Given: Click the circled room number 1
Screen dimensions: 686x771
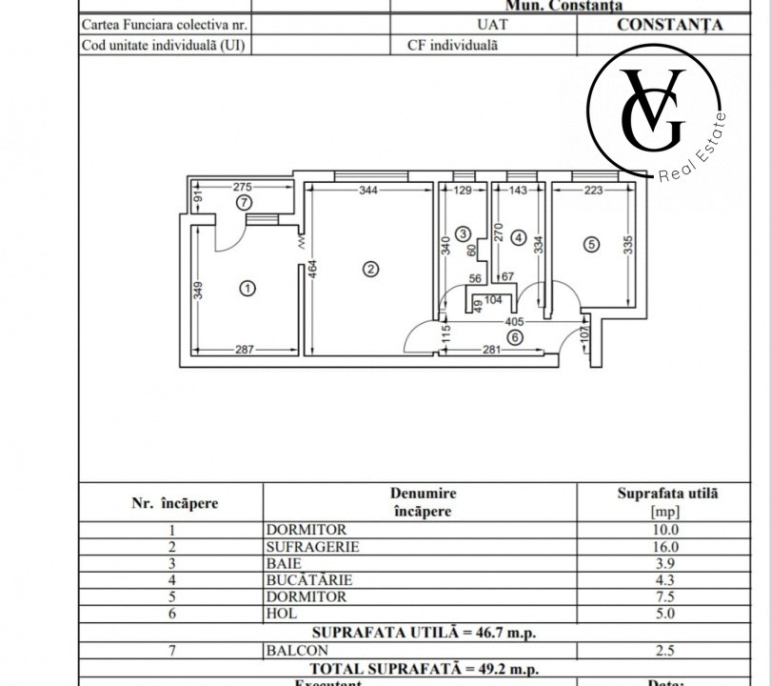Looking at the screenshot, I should [x=247, y=288].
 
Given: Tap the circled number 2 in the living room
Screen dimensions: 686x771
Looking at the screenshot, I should [x=370, y=269].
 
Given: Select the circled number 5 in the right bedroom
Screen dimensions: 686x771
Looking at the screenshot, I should [x=591, y=245].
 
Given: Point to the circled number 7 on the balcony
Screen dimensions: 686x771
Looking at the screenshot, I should [x=244, y=202].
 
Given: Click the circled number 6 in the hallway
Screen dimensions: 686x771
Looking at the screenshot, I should [x=515, y=336].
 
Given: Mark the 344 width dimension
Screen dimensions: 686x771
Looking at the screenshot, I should [x=368, y=191].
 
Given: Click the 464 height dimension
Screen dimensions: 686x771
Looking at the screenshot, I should [x=312, y=270].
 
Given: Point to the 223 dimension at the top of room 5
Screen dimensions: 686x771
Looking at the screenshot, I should [x=593, y=191].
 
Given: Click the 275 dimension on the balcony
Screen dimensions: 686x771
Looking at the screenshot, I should [x=242, y=187].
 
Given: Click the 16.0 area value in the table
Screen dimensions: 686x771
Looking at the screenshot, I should [x=667, y=547].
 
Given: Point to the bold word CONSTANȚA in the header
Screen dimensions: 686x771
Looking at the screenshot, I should [x=669, y=25].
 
